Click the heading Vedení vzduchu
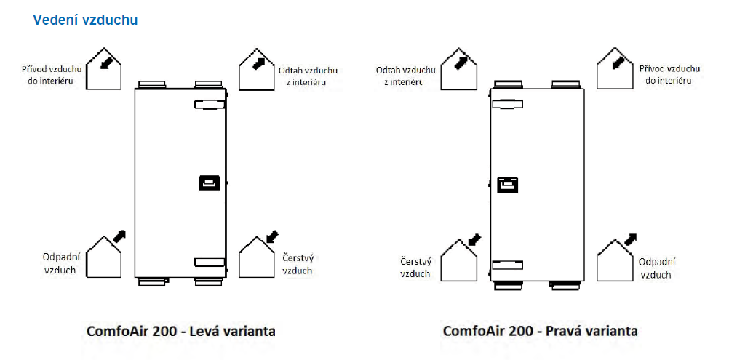pyautogui.click(x=85, y=20)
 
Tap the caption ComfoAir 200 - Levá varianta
pyautogui.click(x=181, y=332)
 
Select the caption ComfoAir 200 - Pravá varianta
pyautogui.click(x=540, y=332)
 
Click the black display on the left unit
pyautogui.click(x=209, y=183)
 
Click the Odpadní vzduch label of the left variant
pyautogui.click(x=60, y=263)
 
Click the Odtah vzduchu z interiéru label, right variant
pyautogui.click(x=405, y=76)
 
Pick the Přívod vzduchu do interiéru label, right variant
pyautogui.click(x=670, y=74)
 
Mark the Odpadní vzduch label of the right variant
pyautogui.click(x=656, y=268)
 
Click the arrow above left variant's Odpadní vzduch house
pyautogui.click(x=119, y=236)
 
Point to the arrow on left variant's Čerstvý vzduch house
pyautogui.click(x=273, y=236)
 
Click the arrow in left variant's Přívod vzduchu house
pyautogui.click(x=108, y=62)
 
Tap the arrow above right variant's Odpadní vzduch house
pyautogui.click(x=630, y=238)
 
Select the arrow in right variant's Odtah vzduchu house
pyautogui.click(x=461, y=63)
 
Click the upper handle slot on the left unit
pyautogui.click(x=210, y=105)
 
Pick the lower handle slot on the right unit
pyautogui.click(x=507, y=265)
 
